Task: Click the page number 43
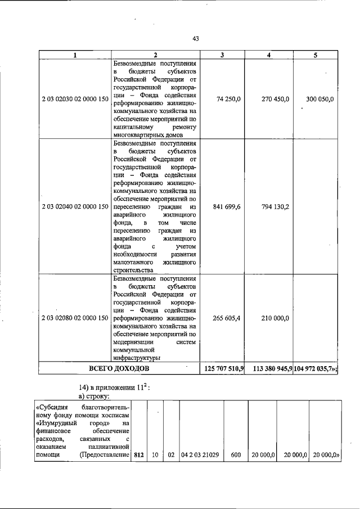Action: click(x=196, y=39)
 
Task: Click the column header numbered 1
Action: click(x=75, y=55)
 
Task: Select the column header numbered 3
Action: click(x=222, y=55)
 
